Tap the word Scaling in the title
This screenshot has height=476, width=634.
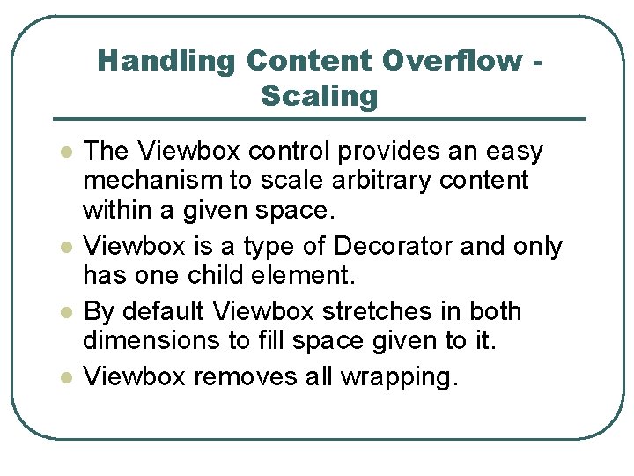(319, 95)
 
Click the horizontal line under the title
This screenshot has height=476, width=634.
(319, 119)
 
